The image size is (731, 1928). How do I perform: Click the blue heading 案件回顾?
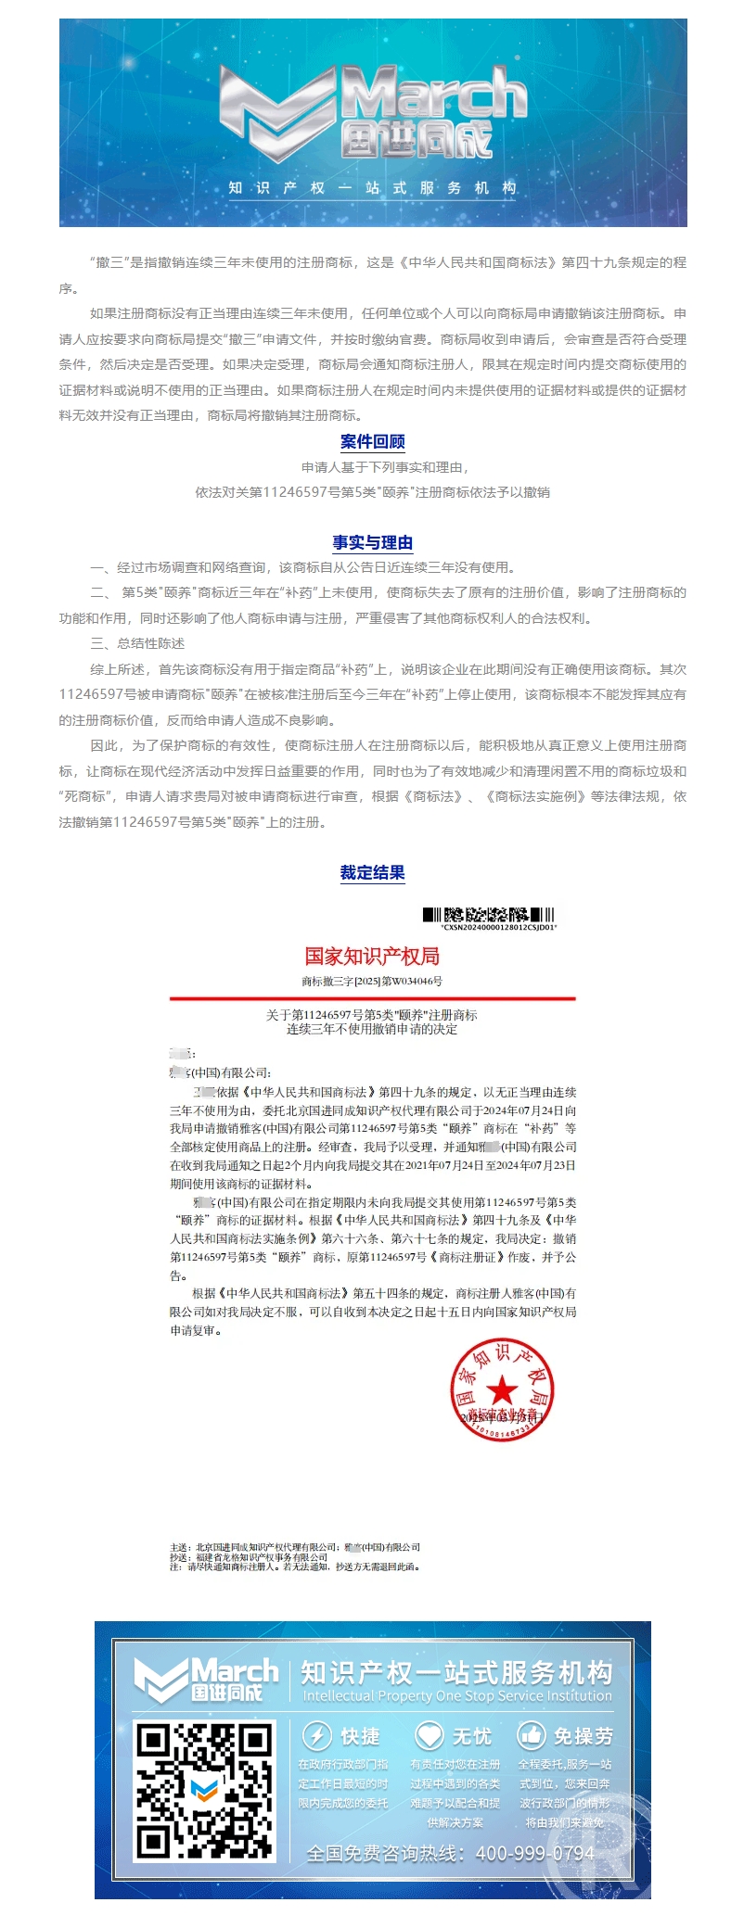point(372,441)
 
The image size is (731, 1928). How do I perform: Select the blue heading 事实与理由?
point(372,542)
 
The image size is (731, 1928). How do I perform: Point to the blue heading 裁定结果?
point(372,871)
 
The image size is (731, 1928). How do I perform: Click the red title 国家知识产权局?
point(372,956)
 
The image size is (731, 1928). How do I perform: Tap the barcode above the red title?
point(488,914)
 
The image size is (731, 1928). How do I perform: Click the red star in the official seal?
point(502,1389)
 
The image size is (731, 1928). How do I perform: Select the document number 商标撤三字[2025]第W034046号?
point(372,981)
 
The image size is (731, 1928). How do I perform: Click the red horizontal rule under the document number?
point(372,998)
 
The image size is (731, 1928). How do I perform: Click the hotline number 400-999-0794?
point(535,1853)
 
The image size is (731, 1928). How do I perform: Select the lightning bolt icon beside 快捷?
point(317,1735)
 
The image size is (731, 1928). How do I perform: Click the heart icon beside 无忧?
point(429,1735)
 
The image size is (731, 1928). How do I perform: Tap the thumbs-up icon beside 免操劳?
point(531,1735)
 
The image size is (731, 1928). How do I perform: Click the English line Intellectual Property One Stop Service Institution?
point(457,1695)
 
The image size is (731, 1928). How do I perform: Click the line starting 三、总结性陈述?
point(137,643)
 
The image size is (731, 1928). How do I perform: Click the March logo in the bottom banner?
point(207,1680)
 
